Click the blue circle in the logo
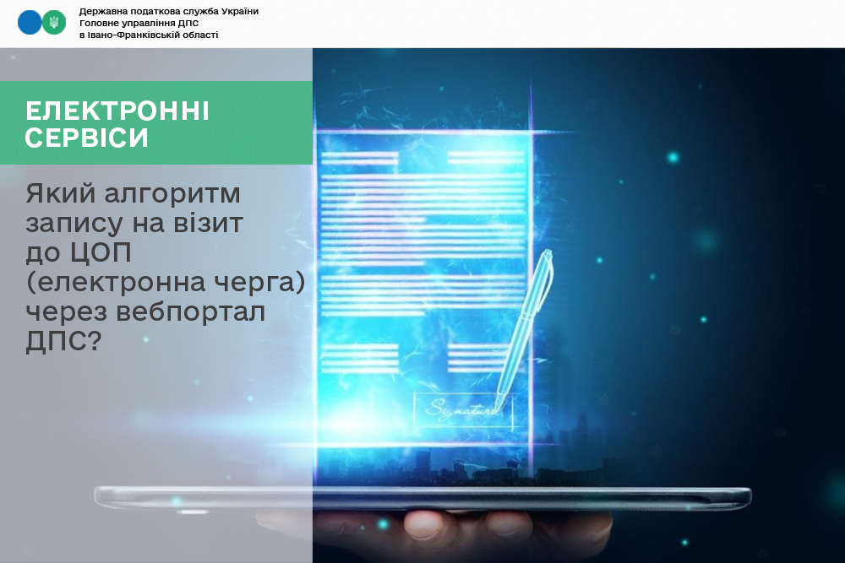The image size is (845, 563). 29,23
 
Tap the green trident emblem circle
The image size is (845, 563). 54,23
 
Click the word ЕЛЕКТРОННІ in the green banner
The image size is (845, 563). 117,111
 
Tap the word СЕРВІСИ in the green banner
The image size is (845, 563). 86,138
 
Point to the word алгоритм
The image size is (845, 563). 172,194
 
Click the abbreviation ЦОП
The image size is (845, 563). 101,252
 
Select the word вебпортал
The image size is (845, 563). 190,311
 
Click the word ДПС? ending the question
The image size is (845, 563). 63,341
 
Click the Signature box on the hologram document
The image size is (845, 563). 462,410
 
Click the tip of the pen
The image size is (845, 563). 496,409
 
